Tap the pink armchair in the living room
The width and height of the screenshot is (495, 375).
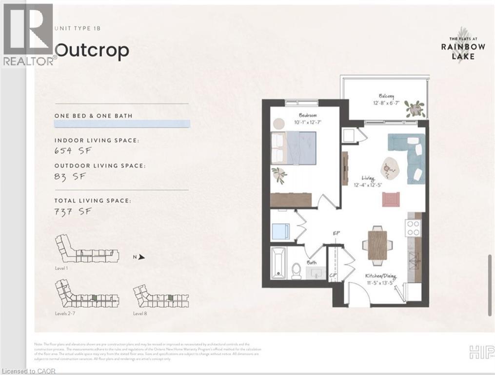(391, 199)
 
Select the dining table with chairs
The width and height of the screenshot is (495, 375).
(377, 242)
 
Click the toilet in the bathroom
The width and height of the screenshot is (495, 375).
(297, 270)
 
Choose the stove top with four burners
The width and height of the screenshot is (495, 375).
(413, 228)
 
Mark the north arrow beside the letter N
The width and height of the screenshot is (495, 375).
(141, 256)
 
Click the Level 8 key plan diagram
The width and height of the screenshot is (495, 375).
(154, 297)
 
